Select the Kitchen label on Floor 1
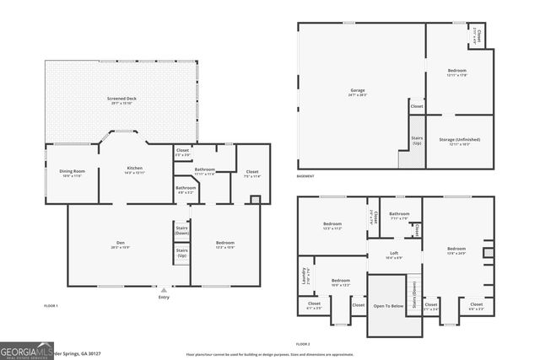pyautogui.click(x=134, y=169)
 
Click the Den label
pyautogui.click(x=121, y=245)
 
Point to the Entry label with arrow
pyautogui.click(x=164, y=297)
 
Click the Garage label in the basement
pyautogui.click(x=358, y=91)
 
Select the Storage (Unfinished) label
pyautogui.click(x=458, y=140)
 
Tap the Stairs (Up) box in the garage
pyautogui.click(x=416, y=142)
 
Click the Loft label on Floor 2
pyautogui.click(x=393, y=254)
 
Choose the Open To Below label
pyautogui.click(x=388, y=306)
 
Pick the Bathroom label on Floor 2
pyautogui.click(x=399, y=215)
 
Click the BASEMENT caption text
pyautogui.click(x=305, y=176)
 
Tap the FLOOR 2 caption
pyautogui.click(x=304, y=344)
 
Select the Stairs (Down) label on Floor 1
pyautogui.click(x=181, y=229)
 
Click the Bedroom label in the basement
pyautogui.click(x=456, y=72)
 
